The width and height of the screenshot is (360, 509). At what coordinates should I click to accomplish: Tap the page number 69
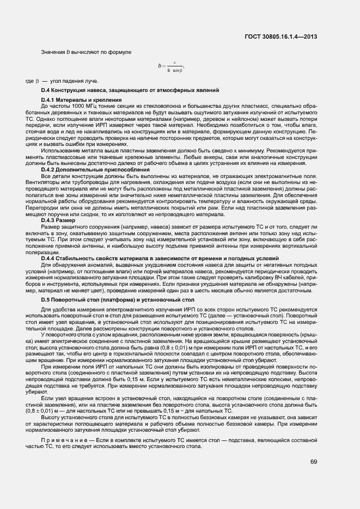(314, 462)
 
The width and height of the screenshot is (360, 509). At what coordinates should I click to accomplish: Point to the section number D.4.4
(50, 257)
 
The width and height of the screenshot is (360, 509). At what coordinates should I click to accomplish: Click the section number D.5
(46, 300)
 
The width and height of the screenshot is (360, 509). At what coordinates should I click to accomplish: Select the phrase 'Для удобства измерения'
(71, 309)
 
